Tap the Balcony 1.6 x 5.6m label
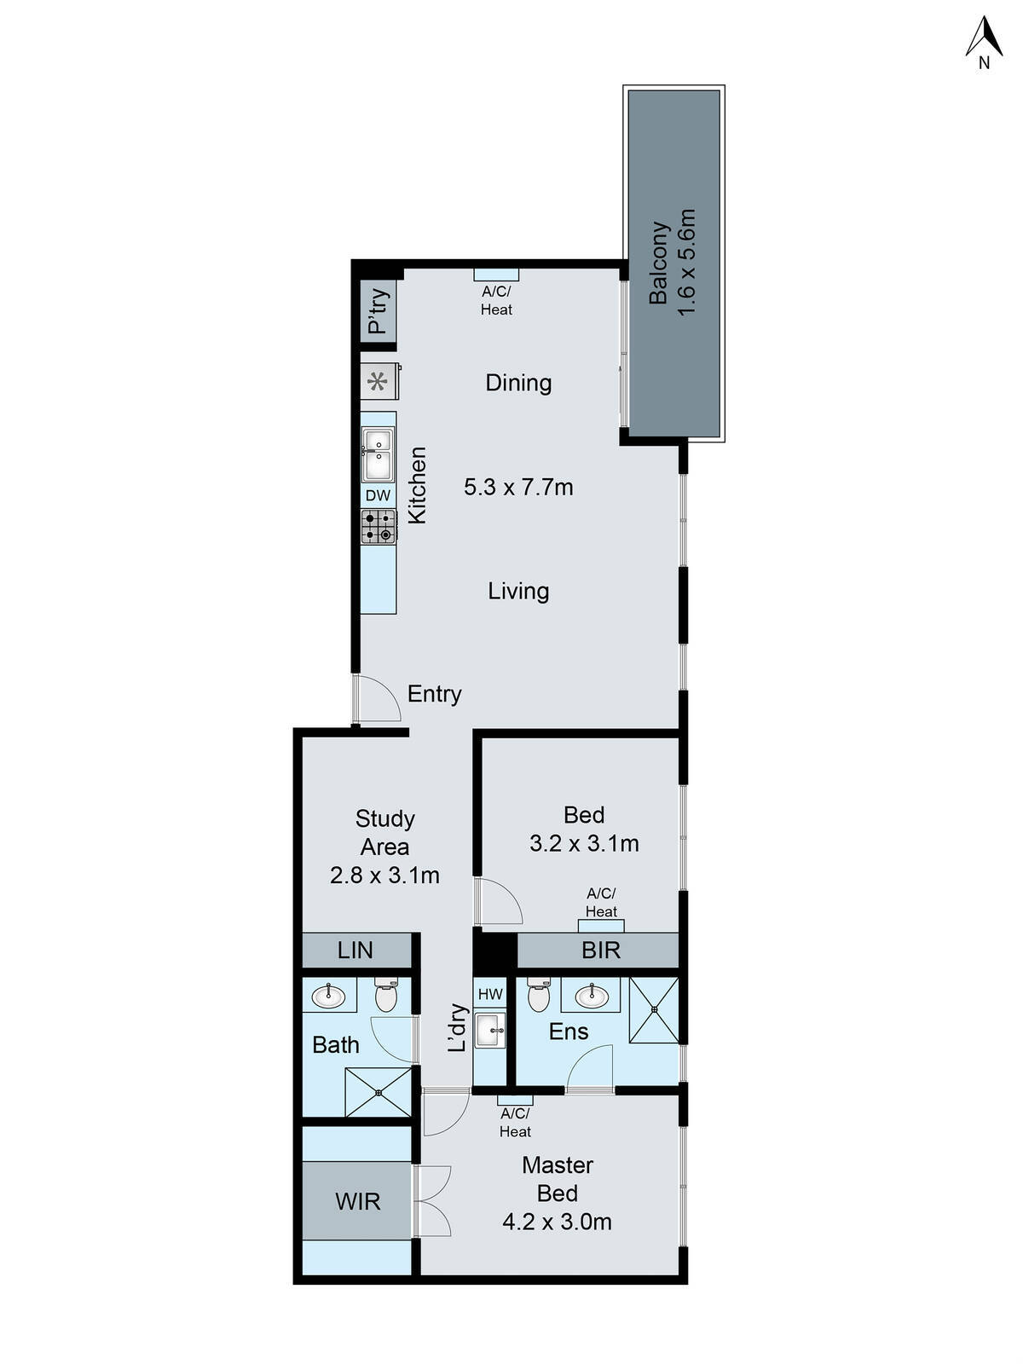pos(673,263)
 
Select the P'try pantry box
pos(378,311)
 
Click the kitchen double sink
pos(378,455)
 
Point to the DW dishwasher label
pos(378,495)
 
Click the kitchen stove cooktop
pos(378,526)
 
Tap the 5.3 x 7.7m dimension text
pos(518,488)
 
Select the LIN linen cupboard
pos(355,950)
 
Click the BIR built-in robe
pos(600,950)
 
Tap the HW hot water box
pos(490,994)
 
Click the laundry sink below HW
pos(490,1030)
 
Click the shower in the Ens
pos(654,1010)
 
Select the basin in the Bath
pos(328,996)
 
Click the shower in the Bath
pos(378,1092)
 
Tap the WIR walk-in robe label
pos(357,1202)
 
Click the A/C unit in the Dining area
pos(496,275)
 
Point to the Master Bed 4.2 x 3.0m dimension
pos(557,1222)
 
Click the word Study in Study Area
pos(384,818)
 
